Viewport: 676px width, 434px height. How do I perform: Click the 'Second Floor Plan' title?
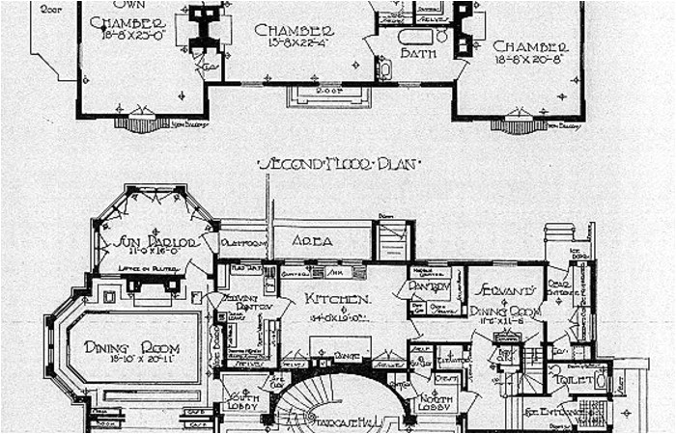[x=337, y=164]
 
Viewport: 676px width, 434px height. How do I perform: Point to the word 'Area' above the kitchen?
[x=312, y=241]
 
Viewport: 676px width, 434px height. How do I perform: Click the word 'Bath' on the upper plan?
[x=416, y=53]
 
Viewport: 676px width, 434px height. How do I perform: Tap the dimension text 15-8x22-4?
[x=295, y=42]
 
